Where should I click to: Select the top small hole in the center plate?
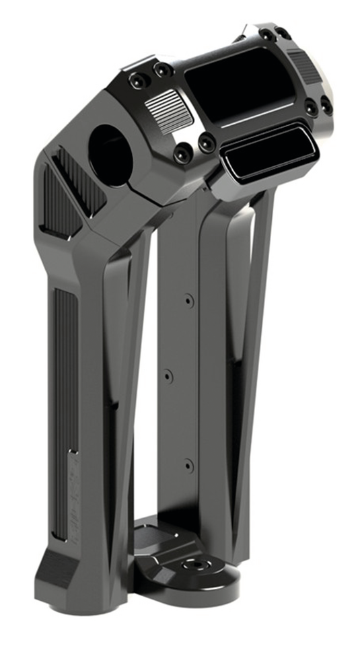[188, 299]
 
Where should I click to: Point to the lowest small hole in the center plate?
[188, 464]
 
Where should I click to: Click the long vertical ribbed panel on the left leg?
[66, 377]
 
